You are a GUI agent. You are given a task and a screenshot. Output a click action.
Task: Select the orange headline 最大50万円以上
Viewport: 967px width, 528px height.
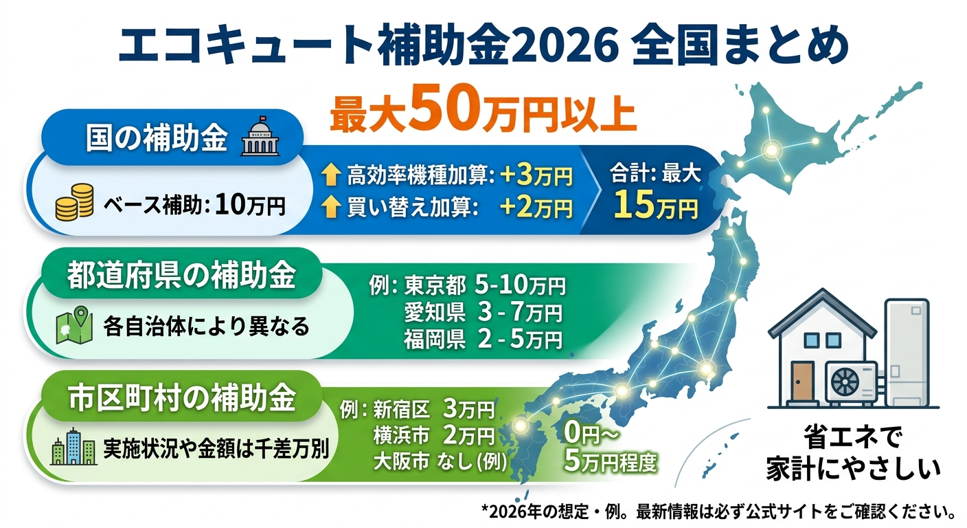[483, 113]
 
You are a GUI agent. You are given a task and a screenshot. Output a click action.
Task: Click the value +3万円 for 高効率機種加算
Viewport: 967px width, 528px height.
[536, 177]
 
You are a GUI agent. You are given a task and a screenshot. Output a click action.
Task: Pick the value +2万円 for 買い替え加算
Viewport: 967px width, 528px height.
[536, 207]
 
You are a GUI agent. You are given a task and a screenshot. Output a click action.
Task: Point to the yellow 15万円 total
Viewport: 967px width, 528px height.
[656, 205]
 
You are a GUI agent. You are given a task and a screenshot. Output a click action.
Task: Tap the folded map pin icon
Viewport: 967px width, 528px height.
[73, 325]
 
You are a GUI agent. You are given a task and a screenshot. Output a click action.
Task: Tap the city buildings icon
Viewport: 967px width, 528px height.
[73, 448]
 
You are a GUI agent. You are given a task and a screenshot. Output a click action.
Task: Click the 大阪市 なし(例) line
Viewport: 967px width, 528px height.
[440, 461]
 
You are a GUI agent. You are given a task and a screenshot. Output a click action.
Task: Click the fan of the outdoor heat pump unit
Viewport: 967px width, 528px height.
[849, 381]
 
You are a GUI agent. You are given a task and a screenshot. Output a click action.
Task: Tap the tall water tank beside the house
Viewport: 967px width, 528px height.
[910, 351]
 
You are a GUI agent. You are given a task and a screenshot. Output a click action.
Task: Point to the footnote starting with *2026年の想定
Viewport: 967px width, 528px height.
[720, 512]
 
